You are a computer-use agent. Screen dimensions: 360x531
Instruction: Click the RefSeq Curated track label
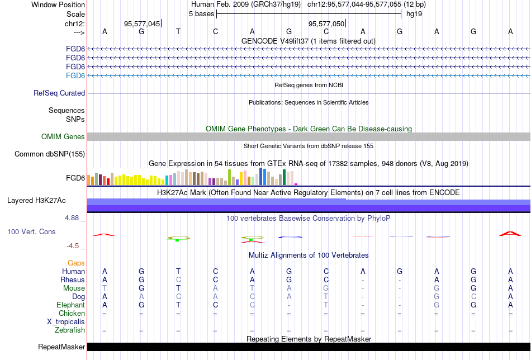point(59,93)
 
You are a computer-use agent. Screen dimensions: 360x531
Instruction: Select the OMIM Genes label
point(63,137)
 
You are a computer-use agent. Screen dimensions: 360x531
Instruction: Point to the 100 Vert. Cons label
point(31,231)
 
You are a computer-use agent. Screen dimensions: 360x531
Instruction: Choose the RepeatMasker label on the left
point(61,347)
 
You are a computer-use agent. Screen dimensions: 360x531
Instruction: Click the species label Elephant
point(70,305)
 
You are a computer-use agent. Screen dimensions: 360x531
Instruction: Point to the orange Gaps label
point(76,263)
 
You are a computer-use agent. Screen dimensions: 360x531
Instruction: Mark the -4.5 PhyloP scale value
point(74,245)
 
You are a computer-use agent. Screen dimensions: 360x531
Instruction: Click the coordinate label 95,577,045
point(142,23)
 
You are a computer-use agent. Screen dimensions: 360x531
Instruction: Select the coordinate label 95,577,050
point(326,23)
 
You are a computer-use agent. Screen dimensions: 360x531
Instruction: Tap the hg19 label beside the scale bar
point(414,13)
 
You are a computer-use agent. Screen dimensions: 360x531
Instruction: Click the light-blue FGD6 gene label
point(75,75)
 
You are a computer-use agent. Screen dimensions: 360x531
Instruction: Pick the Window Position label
point(58,4)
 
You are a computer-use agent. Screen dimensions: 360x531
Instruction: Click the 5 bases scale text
point(201,13)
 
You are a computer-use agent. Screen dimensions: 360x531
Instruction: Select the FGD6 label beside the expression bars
point(75,178)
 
